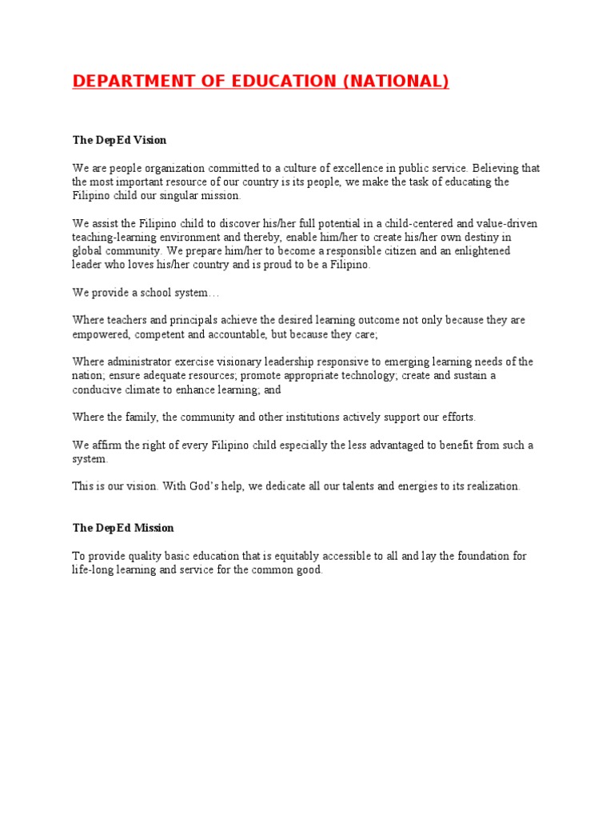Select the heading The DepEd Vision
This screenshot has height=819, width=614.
(119, 140)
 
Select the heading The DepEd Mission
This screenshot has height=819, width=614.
(123, 528)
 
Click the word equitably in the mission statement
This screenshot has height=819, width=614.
(290, 556)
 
